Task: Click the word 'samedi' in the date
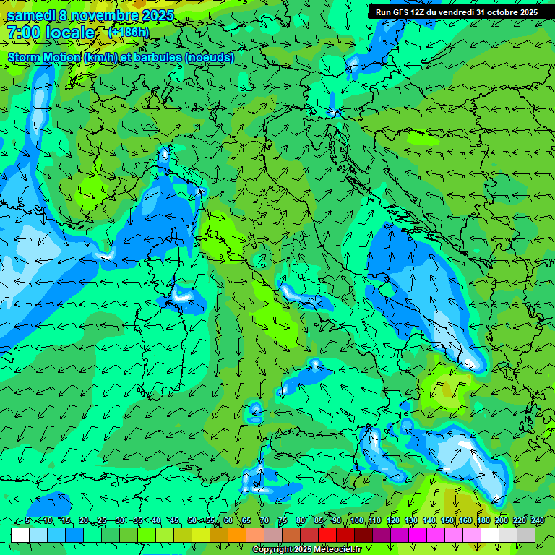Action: (30, 15)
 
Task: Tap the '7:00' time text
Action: (23, 33)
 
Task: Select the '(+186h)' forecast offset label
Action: (129, 33)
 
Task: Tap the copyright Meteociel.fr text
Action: (306, 550)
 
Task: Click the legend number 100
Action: (356, 521)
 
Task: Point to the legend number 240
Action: (537, 521)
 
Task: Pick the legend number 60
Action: (228, 521)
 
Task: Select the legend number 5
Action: (27, 521)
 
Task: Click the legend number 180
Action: (483, 521)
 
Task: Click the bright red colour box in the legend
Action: (327, 535)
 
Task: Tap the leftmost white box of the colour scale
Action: (20, 535)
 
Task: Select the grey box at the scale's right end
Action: (526, 535)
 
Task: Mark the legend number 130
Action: (410, 521)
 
